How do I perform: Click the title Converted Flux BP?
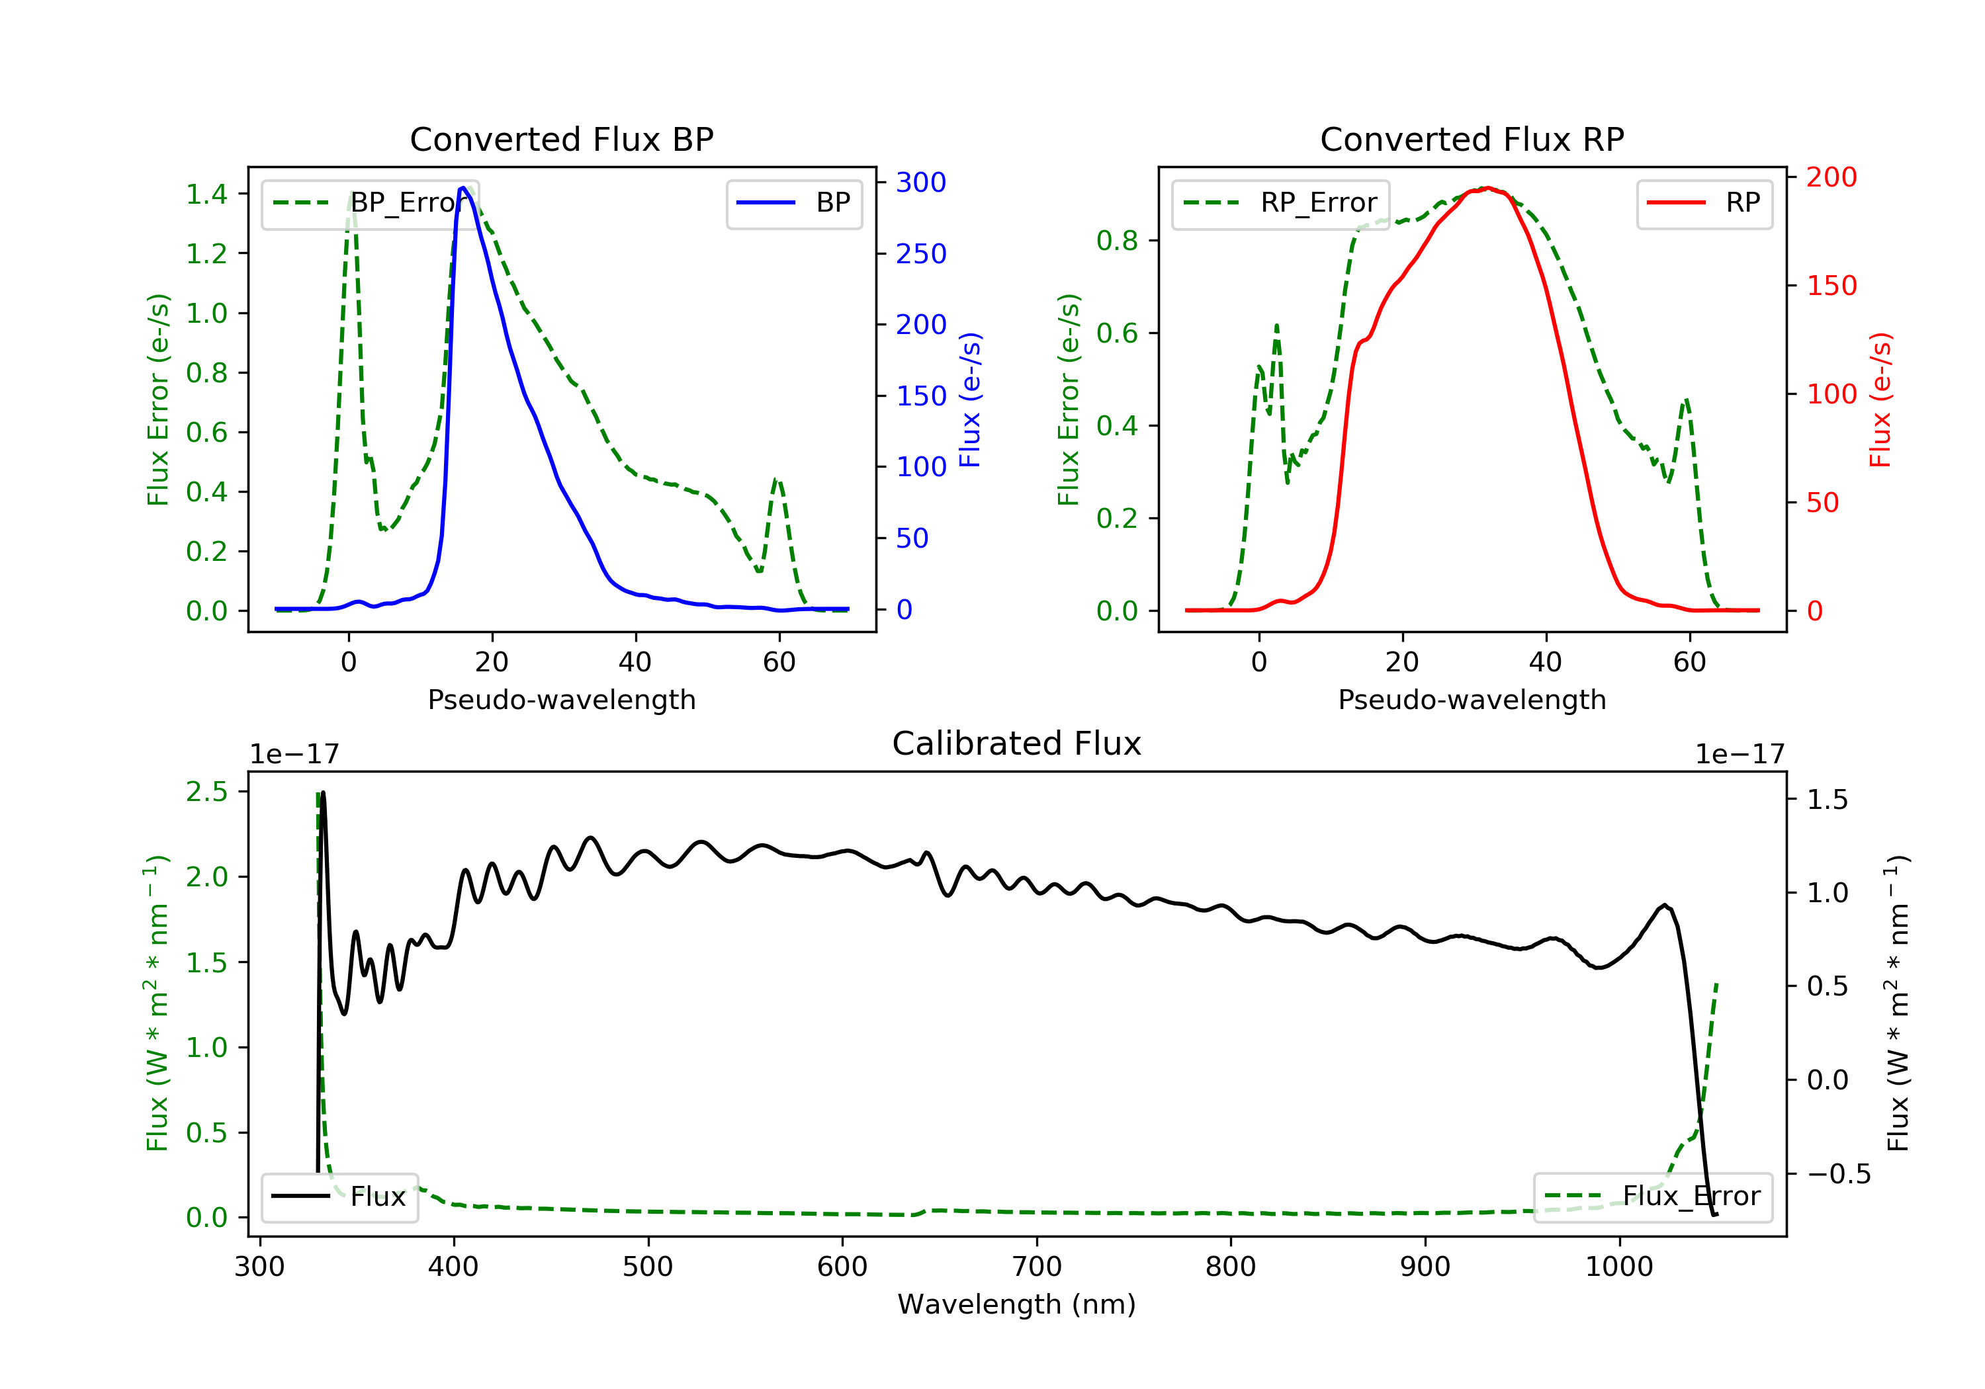[561, 139]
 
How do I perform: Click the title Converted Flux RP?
[1472, 139]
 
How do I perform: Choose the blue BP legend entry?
[793, 203]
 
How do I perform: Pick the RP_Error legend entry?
[1280, 203]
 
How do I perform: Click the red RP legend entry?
[1704, 203]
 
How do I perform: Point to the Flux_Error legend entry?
[1652, 1197]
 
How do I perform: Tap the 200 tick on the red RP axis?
[1831, 177]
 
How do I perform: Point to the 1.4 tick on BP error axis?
[208, 194]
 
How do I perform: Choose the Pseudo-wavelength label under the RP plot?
[1472, 699]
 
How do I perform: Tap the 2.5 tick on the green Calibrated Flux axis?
[208, 792]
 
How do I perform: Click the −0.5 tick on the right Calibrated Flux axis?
[1838, 1174]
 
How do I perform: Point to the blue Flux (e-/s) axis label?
[970, 400]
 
